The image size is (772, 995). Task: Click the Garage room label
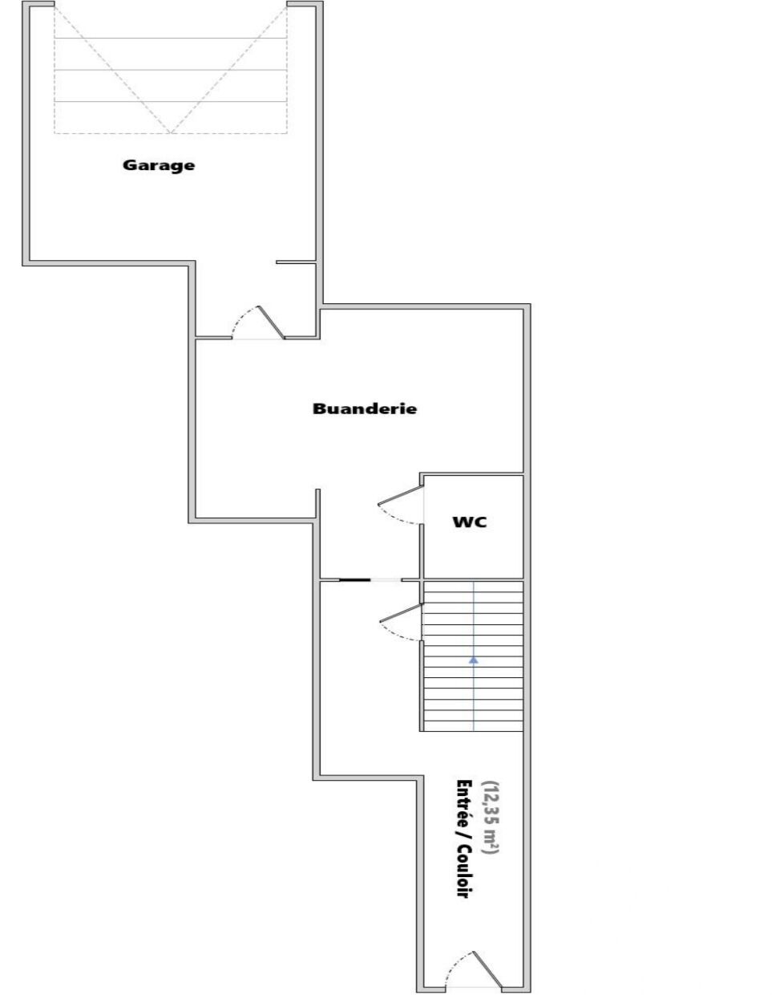pyautogui.click(x=158, y=165)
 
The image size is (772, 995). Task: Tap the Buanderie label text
pyautogui.click(x=365, y=408)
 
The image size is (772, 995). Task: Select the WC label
pyautogui.click(x=470, y=522)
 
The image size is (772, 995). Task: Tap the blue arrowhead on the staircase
pyautogui.click(x=473, y=660)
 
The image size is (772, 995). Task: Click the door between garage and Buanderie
pyautogui.click(x=271, y=322)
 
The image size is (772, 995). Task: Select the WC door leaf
pyautogui.click(x=400, y=495)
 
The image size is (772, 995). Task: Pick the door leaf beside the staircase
pyautogui.click(x=401, y=613)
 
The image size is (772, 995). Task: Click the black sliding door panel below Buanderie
pyautogui.click(x=354, y=580)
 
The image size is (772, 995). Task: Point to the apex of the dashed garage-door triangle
pyautogui.click(x=171, y=133)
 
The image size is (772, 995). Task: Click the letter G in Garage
pyautogui.click(x=129, y=164)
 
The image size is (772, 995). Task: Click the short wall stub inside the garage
pyautogui.click(x=296, y=262)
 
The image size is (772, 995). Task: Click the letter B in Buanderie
pyautogui.click(x=318, y=408)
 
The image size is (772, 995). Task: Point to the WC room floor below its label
pyautogui.click(x=473, y=553)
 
